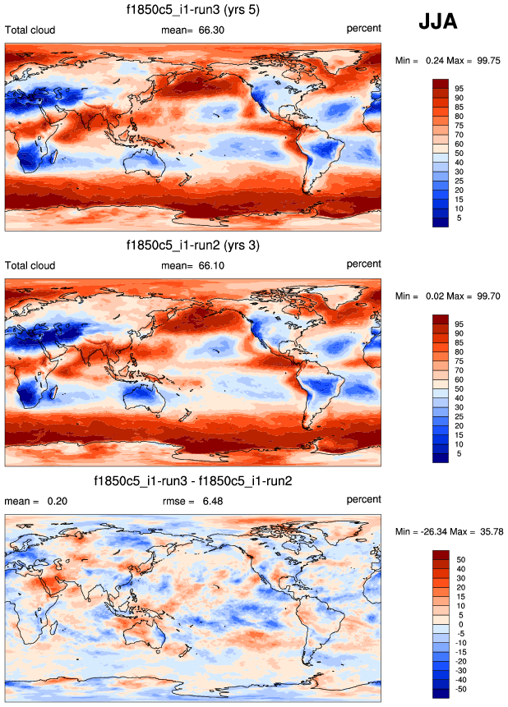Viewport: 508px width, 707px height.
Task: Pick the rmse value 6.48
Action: click(212, 500)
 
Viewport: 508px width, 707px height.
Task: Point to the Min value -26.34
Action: click(432, 531)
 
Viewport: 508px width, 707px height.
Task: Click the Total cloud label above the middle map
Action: click(30, 265)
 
